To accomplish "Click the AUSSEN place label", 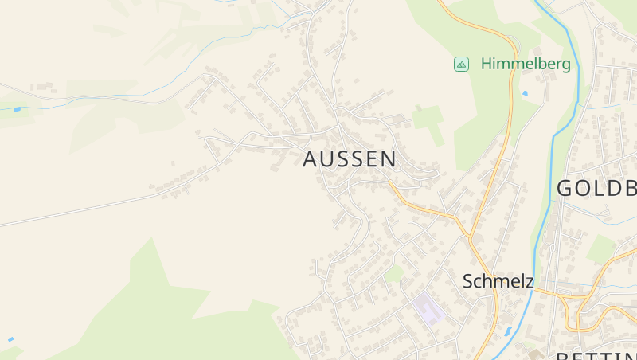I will (349, 159).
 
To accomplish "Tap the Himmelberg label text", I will (526, 65).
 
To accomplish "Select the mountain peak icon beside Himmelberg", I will (461, 64).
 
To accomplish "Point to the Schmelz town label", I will (498, 281).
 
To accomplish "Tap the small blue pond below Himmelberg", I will (525, 94).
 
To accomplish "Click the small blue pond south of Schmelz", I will (508, 331).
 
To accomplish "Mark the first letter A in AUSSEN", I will (311, 159).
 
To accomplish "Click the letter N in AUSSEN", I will (388, 159).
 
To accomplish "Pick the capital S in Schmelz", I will (468, 281).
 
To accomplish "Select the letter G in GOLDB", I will (565, 189).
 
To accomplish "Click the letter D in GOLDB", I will (613, 189).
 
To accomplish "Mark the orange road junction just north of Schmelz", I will (471, 237).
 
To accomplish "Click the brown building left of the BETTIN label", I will (535, 354).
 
